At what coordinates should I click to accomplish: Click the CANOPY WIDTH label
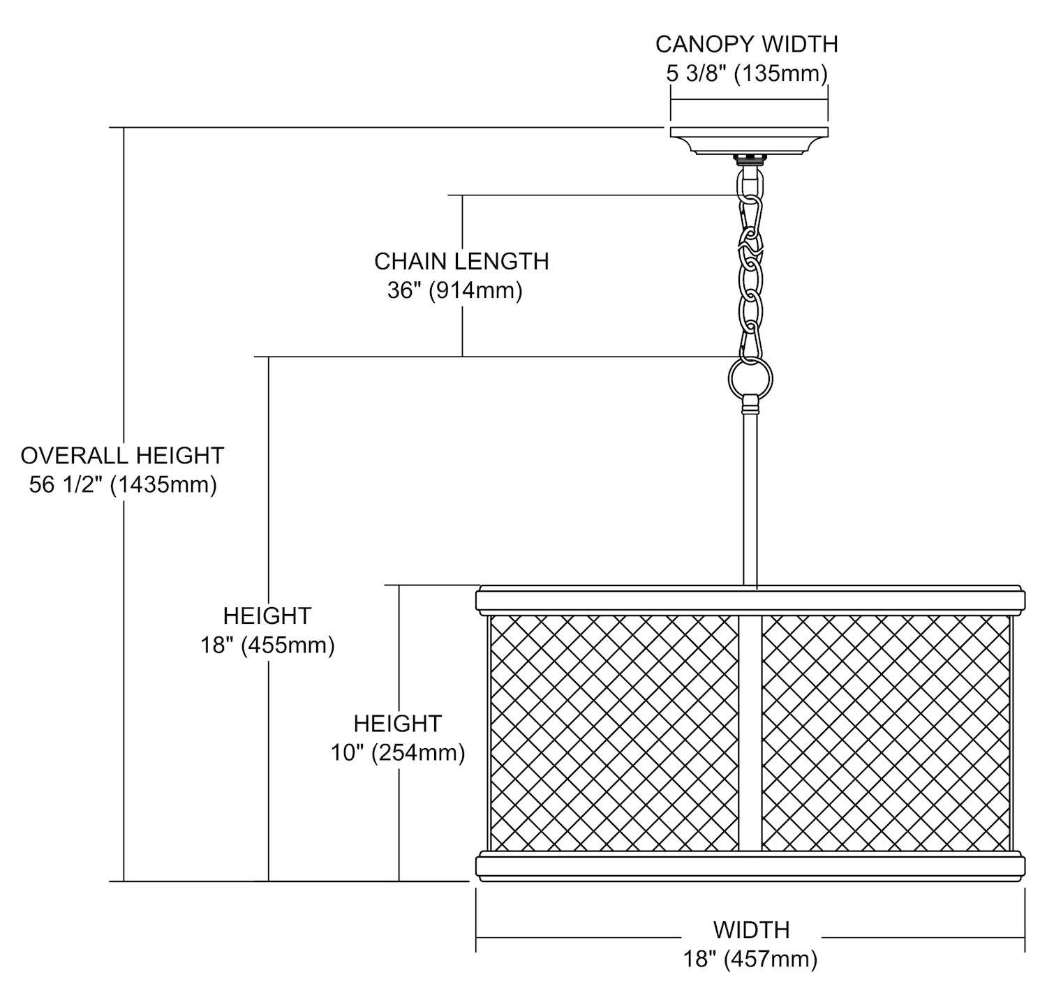tap(746, 44)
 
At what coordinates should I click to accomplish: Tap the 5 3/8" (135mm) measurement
tap(746, 73)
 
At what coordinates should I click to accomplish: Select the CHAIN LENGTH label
tap(461, 262)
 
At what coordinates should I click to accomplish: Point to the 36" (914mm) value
tap(454, 290)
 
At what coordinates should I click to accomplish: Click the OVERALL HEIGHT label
tap(122, 456)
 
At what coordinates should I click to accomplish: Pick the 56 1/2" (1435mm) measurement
tap(123, 484)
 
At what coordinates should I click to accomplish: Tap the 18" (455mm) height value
tap(267, 645)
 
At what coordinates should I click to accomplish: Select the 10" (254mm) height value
tap(398, 753)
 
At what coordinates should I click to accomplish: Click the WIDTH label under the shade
tap(751, 930)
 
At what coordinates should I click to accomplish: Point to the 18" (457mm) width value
tap(750, 960)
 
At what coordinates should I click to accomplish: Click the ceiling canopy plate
tap(749, 139)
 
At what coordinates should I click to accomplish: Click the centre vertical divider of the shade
tap(750, 733)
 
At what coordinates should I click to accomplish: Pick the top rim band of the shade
tap(750, 600)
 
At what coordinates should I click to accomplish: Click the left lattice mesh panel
tap(614, 733)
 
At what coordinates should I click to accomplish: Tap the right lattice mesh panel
tap(885, 733)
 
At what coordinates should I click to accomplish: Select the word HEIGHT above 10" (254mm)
tap(398, 724)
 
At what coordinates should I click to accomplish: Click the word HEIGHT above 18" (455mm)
tap(267, 616)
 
